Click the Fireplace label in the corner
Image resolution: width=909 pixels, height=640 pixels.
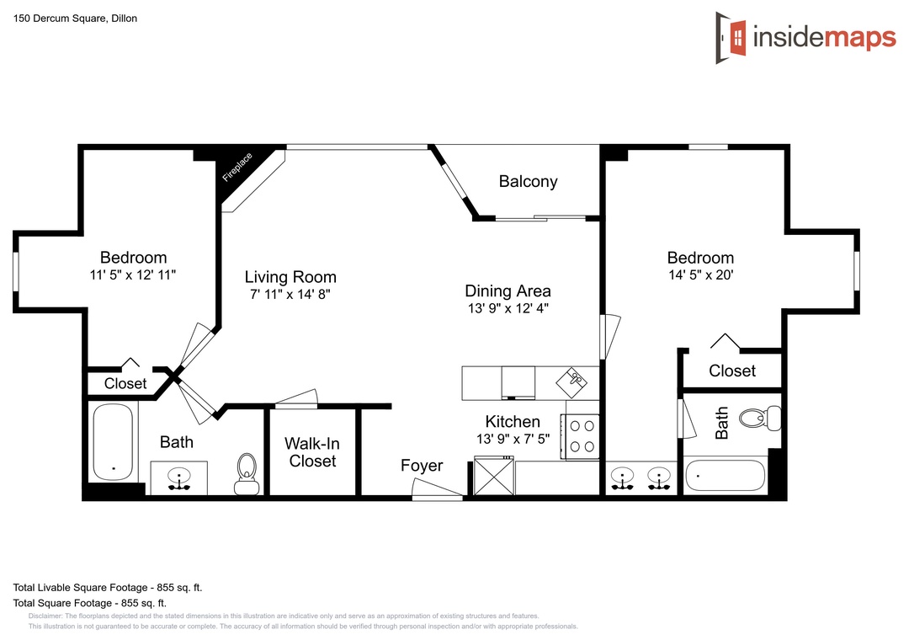coord(237,167)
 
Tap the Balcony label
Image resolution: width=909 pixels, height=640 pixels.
coord(528,182)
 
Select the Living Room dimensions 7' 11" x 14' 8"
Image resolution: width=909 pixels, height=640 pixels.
coord(290,294)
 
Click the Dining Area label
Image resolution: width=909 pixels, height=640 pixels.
coord(508,291)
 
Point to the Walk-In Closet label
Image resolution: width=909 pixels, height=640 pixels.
coord(312,452)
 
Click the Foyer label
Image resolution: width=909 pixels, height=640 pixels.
coord(422,466)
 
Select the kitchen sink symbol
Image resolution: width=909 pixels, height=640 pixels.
coord(572,381)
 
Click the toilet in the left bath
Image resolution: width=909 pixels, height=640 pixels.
coord(247,474)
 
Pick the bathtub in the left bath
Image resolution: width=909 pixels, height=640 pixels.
coord(113,441)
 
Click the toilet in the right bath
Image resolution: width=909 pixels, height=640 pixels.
coord(760,418)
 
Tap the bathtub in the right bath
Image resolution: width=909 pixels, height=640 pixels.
coord(726,475)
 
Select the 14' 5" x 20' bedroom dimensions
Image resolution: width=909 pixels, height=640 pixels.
coord(701,275)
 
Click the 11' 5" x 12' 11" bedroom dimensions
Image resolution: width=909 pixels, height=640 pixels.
coord(133,275)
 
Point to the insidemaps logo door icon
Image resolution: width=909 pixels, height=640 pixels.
coord(731,38)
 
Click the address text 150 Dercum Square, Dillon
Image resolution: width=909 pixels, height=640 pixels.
coord(76,19)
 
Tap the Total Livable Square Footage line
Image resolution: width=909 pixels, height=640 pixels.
coord(108,587)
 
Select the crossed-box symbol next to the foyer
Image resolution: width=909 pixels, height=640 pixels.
coord(494,476)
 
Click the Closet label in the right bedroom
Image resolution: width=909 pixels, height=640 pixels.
coord(732,371)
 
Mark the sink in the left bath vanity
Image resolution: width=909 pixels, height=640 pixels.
coord(179,478)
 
